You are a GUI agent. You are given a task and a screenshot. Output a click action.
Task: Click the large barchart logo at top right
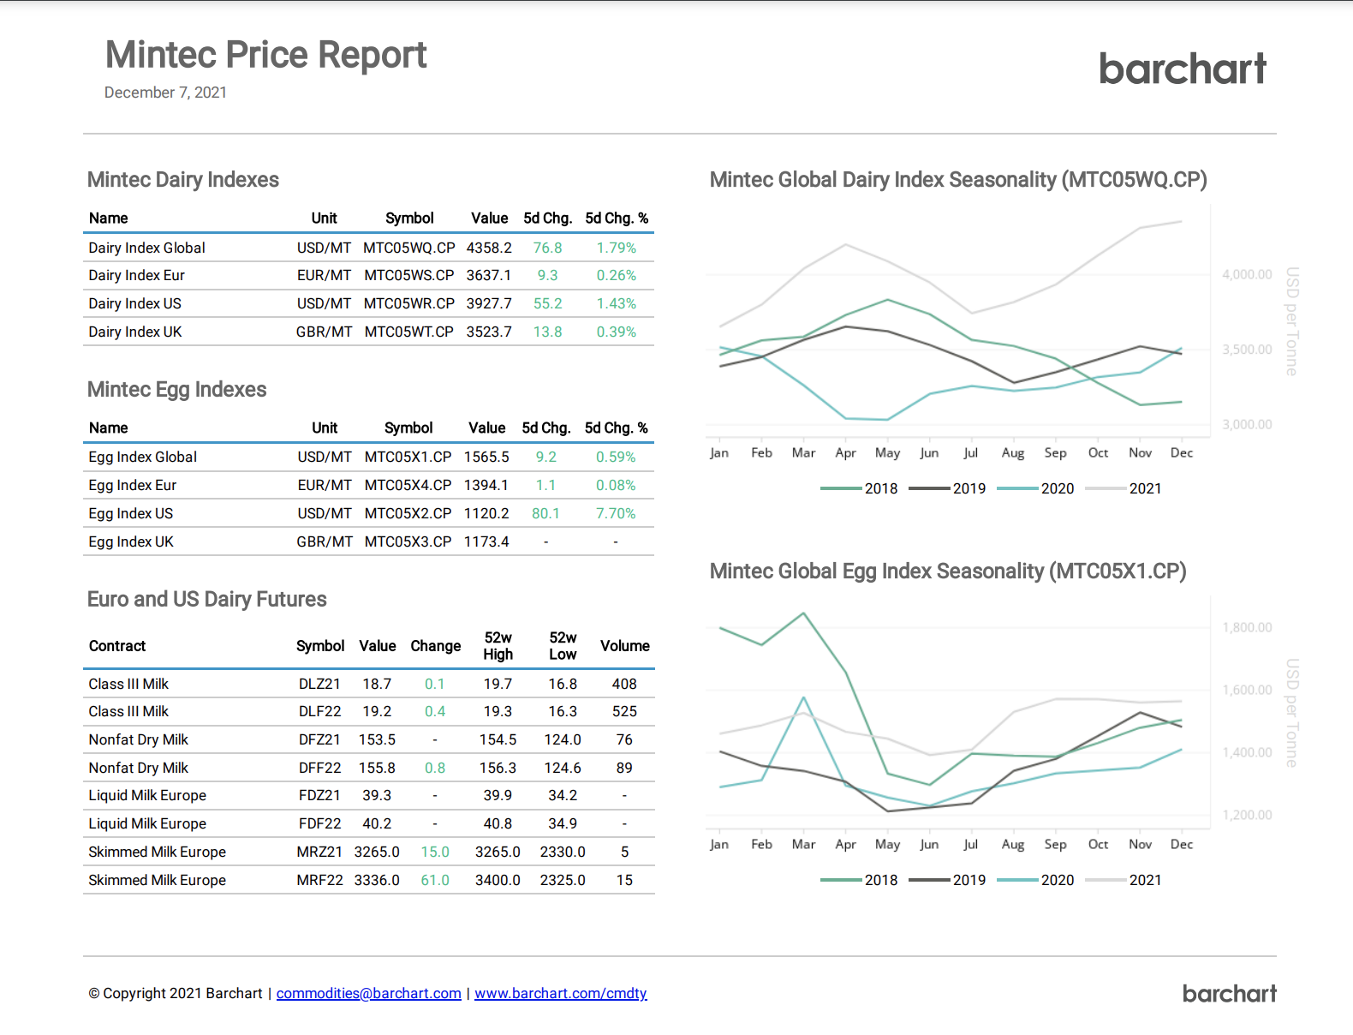tap(1182, 69)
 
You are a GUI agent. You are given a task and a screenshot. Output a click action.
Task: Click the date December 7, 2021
tap(165, 93)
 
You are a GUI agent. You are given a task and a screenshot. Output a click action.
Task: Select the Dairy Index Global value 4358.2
tap(489, 248)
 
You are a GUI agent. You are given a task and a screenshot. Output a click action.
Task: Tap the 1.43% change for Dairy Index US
tap(616, 303)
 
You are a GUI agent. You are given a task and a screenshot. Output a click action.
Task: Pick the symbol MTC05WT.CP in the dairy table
tap(408, 332)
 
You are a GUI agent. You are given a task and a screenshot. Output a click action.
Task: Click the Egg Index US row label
tap(130, 513)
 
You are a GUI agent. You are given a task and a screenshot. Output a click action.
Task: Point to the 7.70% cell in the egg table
tap(616, 513)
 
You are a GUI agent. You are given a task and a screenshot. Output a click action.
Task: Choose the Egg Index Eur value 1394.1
tap(486, 485)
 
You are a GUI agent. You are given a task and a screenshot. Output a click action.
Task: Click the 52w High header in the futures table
tap(498, 646)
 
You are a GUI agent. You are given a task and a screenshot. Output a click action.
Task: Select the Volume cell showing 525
tap(624, 711)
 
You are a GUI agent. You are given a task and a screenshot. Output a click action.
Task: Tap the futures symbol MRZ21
tap(319, 852)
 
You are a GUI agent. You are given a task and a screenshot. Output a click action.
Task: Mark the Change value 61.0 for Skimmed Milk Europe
tap(435, 880)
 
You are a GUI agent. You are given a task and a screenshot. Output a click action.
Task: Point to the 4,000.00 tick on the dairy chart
tap(1246, 274)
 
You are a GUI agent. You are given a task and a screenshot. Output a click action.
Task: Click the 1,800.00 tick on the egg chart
tap(1246, 627)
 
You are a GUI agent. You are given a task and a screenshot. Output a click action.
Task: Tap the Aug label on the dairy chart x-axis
tap(1012, 452)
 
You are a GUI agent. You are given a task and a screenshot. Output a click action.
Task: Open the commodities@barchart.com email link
tap(368, 993)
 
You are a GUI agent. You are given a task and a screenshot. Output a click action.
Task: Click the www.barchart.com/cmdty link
tap(560, 993)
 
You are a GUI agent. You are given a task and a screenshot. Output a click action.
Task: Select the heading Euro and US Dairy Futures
tap(207, 599)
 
